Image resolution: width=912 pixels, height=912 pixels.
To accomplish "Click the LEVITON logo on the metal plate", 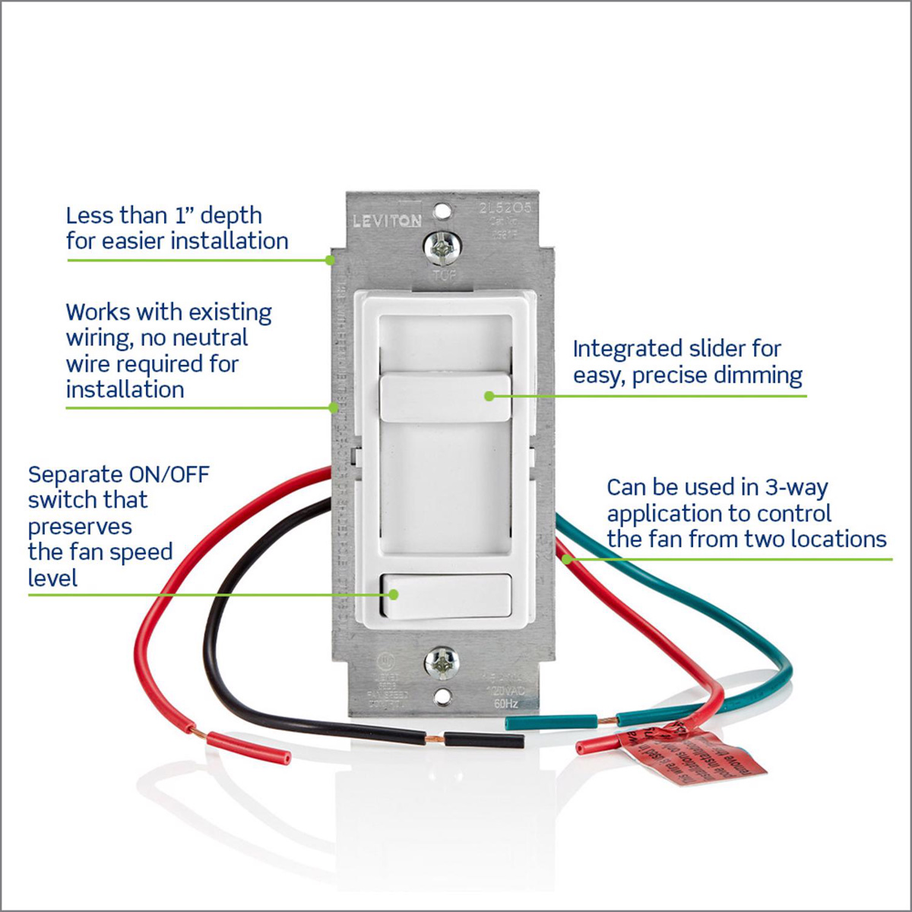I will (x=387, y=221).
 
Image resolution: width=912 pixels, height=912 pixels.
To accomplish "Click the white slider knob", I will (x=445, y=397).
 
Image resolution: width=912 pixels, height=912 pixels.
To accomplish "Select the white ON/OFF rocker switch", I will (x=445, y=597).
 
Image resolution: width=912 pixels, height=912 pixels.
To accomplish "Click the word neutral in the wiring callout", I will (x=210, y=338).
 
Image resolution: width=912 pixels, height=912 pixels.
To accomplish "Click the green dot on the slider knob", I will (x=488, y=396).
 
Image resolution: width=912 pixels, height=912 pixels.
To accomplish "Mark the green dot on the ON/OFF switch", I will (x=393, y=594).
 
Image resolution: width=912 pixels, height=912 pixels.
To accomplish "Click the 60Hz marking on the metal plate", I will (x=505, y=705).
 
